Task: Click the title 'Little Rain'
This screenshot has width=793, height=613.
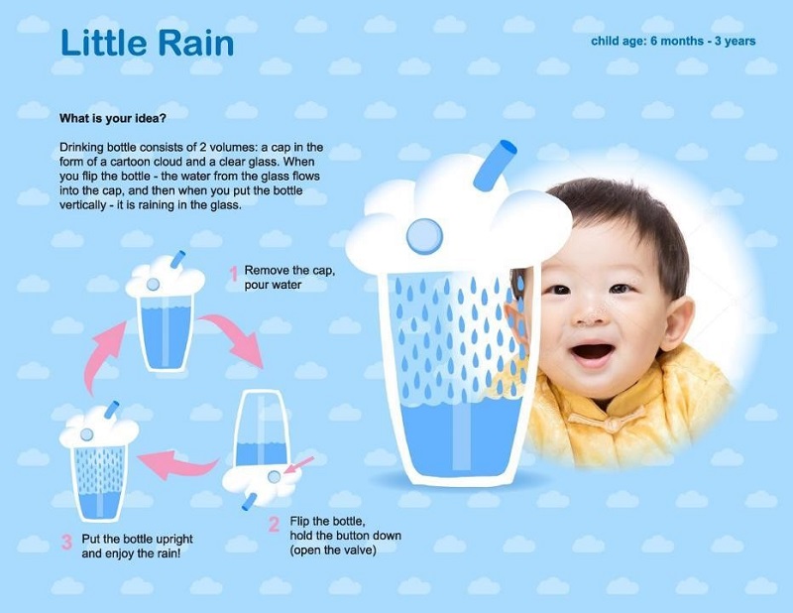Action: [147, 43]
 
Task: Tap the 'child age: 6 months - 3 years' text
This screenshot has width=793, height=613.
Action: [673, 41]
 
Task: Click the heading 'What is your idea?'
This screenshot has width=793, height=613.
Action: [113, 118]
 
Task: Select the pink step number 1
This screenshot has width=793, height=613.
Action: [233, 274]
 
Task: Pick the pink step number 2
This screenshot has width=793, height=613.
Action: [274, 524]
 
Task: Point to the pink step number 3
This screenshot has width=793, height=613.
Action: [66, 543]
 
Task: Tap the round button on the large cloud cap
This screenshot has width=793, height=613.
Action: [425, 236]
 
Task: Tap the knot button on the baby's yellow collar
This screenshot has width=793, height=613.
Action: [611, 423]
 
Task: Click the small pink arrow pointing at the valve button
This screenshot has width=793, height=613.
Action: [298, 465]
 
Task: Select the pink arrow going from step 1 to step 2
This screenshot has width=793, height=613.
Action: [234, 333]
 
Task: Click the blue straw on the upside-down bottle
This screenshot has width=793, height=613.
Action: [250, 502]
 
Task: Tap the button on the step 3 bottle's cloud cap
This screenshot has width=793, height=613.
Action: [86, 434]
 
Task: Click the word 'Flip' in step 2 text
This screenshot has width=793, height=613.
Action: [299, 522]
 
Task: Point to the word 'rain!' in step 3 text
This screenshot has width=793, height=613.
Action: [169, 553]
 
